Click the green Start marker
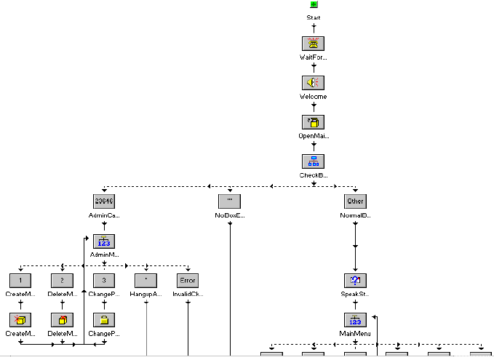click(313, 5)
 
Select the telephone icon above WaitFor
click(313, 43)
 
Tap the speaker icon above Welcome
click(313, 82)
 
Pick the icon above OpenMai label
click(313, 121)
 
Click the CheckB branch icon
click(313, 161)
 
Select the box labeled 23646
click(104, 201)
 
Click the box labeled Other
click(355, 201)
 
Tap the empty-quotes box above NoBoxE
click(229, 201)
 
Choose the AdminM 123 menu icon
click(104, 241)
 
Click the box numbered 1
click(21, 280)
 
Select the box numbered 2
click(63, 280)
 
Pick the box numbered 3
click(104, 280)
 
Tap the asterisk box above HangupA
click(146, 280)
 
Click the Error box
click(188, 280)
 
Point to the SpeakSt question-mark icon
click(355, 280)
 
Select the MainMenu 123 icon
click(355, 319)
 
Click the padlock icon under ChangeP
click(104, 319)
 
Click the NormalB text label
click(355, 216)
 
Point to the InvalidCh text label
click(188, 295)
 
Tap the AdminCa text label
click(104, 216)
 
